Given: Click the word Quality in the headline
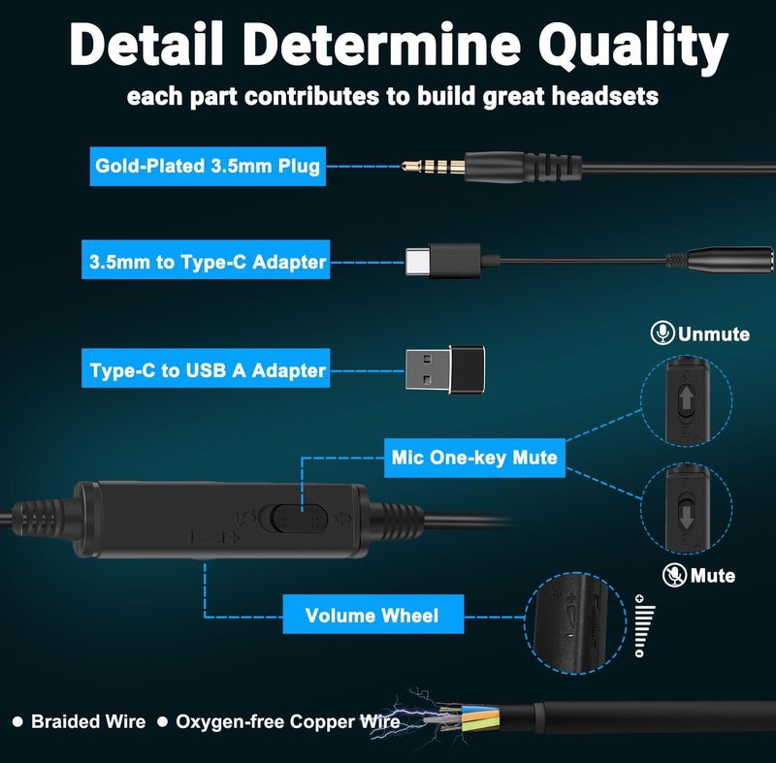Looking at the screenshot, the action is point(633,46).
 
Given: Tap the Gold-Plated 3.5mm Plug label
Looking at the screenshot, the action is point(208,166).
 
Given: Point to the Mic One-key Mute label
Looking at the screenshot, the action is point(474,458).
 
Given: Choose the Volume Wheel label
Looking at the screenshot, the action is point(373,614).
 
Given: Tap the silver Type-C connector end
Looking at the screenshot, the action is point(418,261).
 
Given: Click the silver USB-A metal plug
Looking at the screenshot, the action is point(428,369).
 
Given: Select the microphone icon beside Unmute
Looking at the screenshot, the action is point(663,333).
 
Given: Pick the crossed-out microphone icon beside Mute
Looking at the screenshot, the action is point(674,575).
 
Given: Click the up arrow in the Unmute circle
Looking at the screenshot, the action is point(687,399).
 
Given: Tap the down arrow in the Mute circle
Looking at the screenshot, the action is point(687,518).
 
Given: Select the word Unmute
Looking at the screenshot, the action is point(714,334).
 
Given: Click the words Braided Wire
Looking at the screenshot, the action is point(88,721).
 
